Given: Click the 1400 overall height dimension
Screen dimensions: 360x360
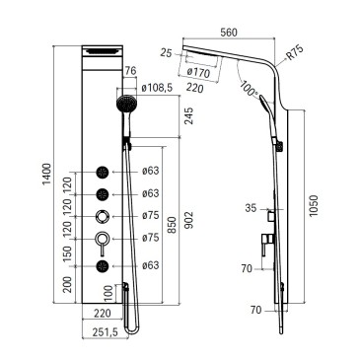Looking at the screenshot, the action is pyautogui.click(x=47, y=175).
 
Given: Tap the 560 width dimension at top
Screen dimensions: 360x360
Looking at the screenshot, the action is pyautogui.click(x=229, y=33).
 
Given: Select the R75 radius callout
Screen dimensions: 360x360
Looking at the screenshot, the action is pyautogui.click(x=294, y=53).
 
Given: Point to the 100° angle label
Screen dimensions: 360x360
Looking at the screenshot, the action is pyautogui.click(x=249, y=89).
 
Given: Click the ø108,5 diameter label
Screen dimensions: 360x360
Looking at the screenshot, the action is pyautogui.click(x=157, y=88).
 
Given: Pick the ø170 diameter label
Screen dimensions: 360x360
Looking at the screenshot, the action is pyautogui.click(x=198, y=72).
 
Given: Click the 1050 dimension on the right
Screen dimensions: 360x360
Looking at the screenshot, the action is pyautogui.click(x=314, y=206).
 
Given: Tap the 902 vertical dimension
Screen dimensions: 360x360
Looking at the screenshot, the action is pyautogui.click(x=190, y=220).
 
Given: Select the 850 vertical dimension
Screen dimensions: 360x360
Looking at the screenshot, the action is pyautogui.click(x=172, y=225).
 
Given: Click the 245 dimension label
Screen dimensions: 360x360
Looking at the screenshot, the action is pyautogui.click(x=188, y=116).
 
